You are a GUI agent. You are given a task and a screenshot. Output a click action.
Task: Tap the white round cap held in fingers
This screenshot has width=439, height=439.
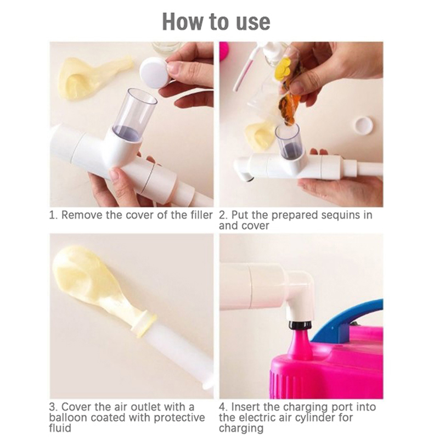tap(154, 73)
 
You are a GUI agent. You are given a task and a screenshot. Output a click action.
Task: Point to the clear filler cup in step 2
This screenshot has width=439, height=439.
tap(288, 141)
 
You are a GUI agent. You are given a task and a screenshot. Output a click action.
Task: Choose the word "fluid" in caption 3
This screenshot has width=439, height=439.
tap(60, 428)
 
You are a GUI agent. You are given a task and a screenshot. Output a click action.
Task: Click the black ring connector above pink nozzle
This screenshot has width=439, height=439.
tap(300, 325)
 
